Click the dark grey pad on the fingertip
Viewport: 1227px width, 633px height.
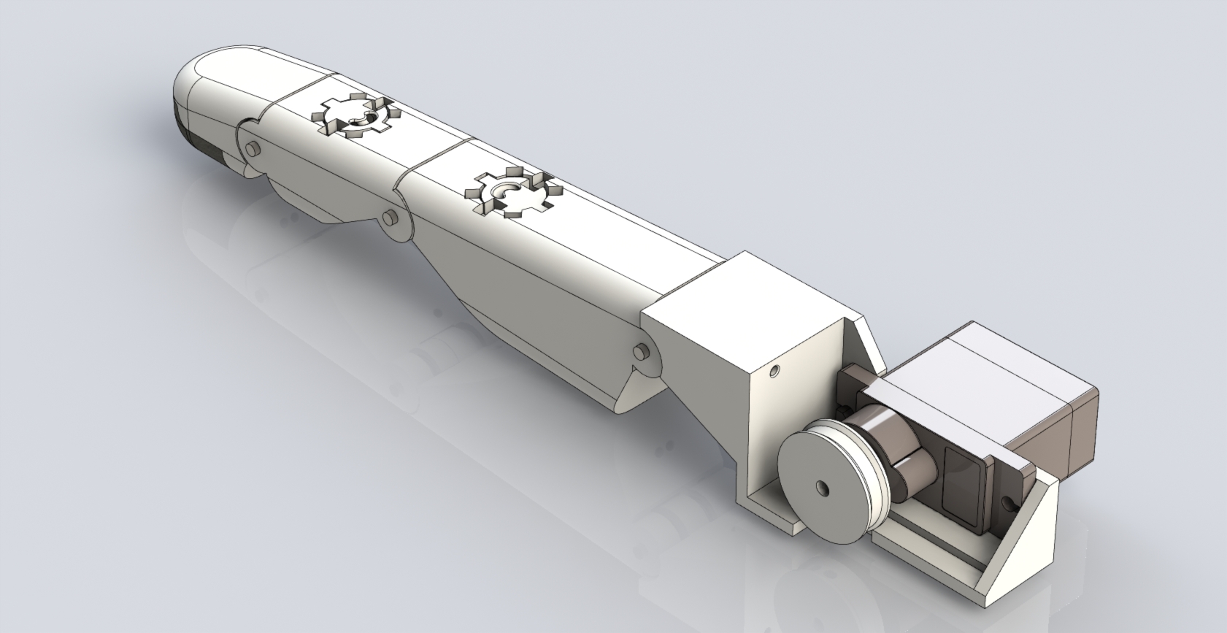[x=197, y=139]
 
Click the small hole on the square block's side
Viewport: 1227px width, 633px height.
[x=774, y=372]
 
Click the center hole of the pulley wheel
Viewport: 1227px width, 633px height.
[x=823, y=486]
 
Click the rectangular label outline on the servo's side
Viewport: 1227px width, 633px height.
[x=962, y=481]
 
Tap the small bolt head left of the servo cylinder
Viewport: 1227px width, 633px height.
[x=847, y=402]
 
